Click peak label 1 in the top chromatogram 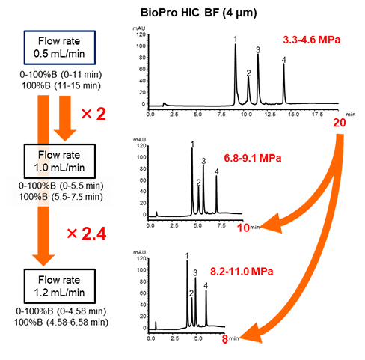[x=235, y=38]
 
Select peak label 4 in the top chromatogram [x=284, y=59]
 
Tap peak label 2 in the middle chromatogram [x=198, y=183]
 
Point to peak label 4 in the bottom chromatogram [x=206, y=283]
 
